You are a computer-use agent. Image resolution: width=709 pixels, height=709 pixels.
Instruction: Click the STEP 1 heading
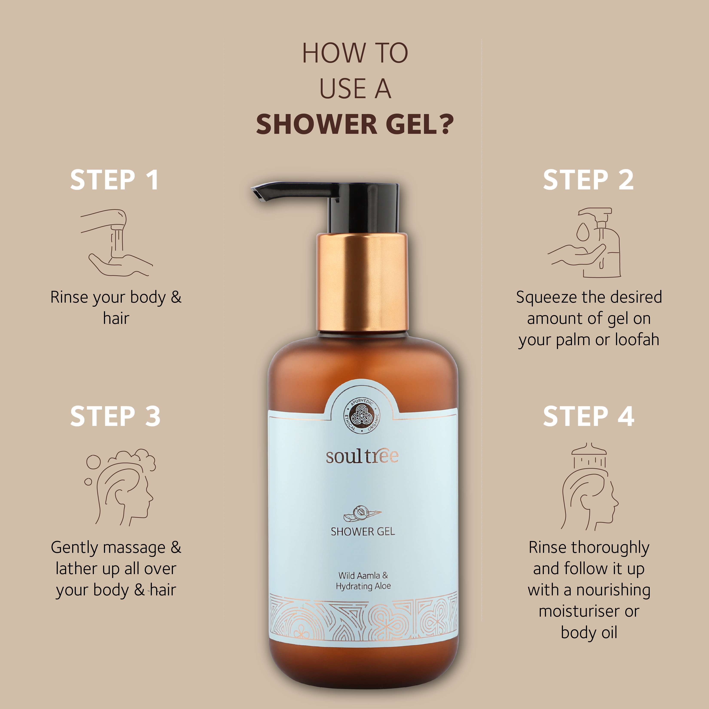click(x=114, y=180)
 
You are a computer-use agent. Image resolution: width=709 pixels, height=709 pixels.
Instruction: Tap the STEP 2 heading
click(x=588, y=180)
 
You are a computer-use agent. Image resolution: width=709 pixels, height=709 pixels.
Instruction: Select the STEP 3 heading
click(x=115, y=416)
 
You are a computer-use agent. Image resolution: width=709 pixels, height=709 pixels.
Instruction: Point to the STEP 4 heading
click(x=588, y=416)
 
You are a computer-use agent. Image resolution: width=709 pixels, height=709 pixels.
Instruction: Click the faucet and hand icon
click(x=117, y=243)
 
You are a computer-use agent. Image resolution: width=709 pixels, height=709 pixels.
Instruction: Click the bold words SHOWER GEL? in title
click(x=354, y=124)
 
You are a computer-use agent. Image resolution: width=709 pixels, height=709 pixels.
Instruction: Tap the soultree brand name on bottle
click(x=362, y=456)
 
